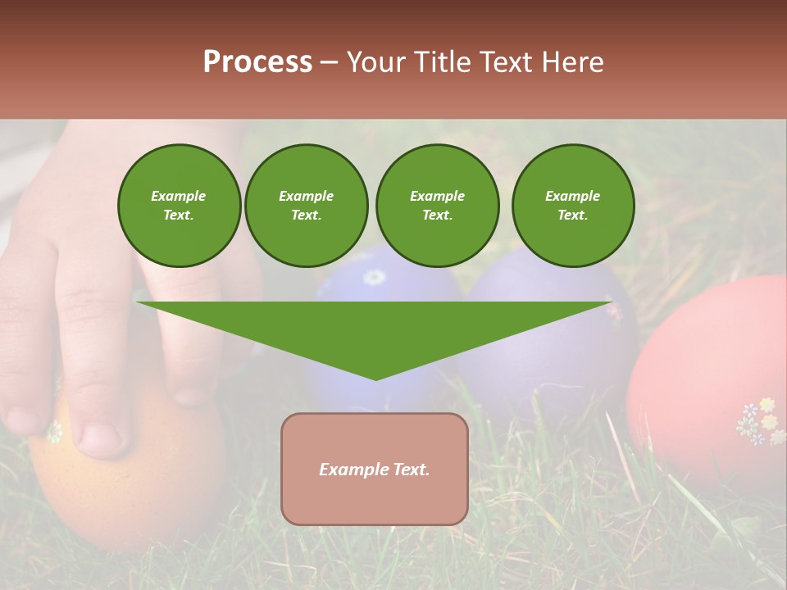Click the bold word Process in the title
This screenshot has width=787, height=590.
click(x=257, y=62)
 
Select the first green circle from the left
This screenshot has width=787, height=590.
click(x=179, y=206)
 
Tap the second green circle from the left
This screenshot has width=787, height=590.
click(x=306, y=206)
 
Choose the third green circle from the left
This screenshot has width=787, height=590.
click(x=437, y=206)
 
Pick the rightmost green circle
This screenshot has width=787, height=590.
click(x=572, y=206)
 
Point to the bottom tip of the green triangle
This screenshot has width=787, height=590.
click(x=375, y=379)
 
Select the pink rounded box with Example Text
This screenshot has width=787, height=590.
click(x=375, y=469)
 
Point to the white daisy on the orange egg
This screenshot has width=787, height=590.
click(x=54, y=431)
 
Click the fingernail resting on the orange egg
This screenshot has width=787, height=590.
click(x=102, y=438)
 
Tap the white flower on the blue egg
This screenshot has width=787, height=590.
click(x=374, y=277)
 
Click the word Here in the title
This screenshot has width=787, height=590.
click(x=572, y=62)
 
